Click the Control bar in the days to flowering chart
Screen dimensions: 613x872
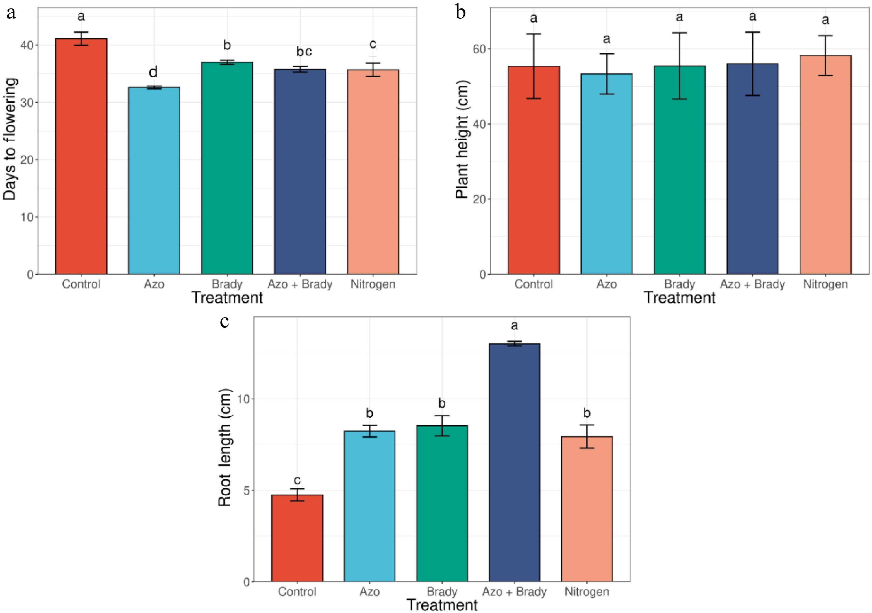coord(81,156)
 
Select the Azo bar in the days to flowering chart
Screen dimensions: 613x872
coord(154,180)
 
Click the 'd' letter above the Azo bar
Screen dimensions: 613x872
coord(153,72)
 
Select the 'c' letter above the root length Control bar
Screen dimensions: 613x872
coord(297,480)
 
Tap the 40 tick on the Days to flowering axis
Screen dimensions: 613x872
coord(27,45)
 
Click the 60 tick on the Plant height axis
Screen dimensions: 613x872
coord(479,49)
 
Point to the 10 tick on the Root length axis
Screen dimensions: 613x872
coord(243,399)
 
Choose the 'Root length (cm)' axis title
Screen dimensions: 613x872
coord(224,447)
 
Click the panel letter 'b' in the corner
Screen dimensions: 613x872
coord(460,13)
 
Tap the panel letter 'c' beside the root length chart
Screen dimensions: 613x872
coord(224,321)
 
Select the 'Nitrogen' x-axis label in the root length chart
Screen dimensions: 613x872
coord(586,591)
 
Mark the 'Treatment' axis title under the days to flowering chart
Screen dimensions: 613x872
coord(227,297)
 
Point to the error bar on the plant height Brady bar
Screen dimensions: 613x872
coord(680,66)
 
